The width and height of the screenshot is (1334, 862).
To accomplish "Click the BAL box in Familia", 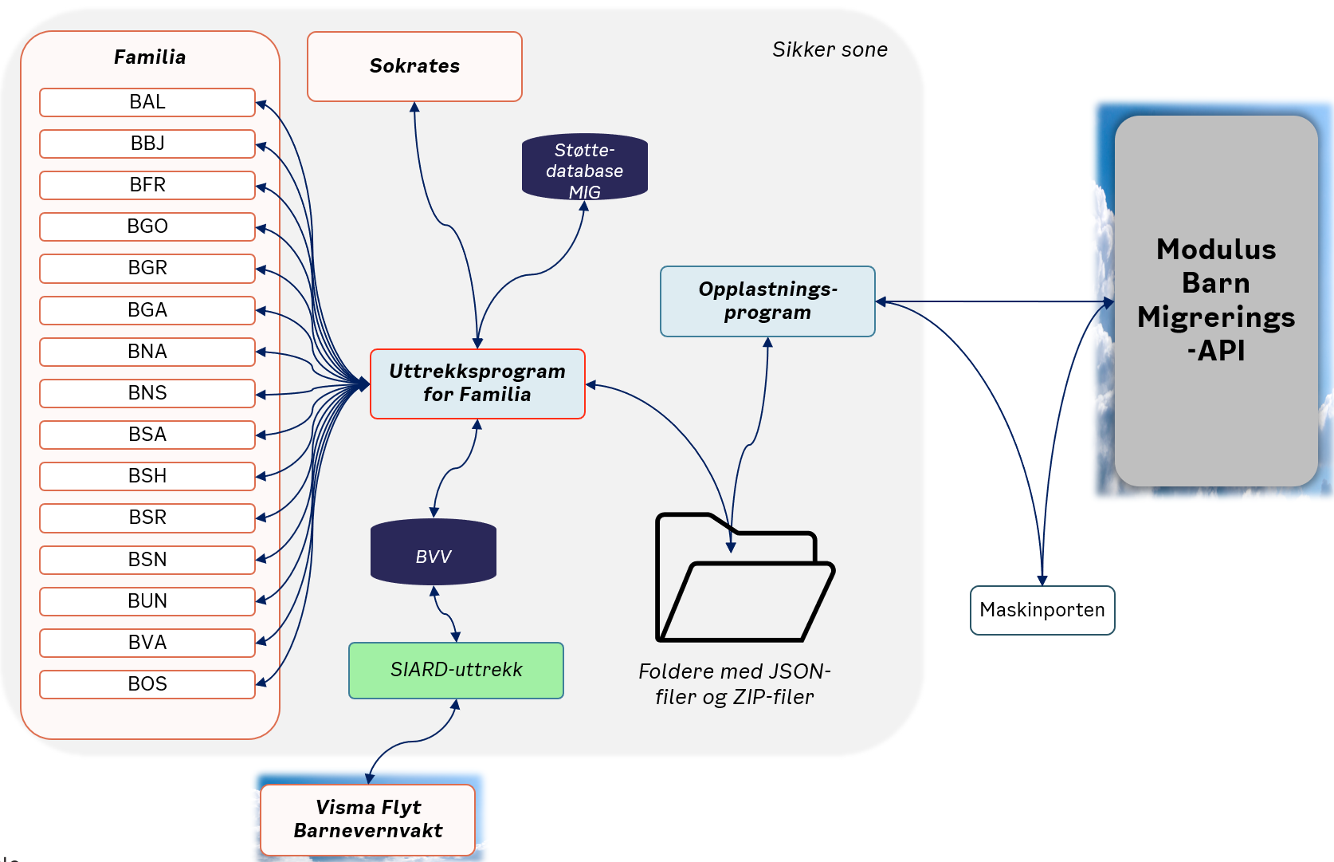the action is coord(147,102).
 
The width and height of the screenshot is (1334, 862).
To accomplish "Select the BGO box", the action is coord(147,226).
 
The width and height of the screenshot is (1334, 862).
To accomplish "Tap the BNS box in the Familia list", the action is coord(147,393).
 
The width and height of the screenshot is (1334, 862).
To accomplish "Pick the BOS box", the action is coord(147,683).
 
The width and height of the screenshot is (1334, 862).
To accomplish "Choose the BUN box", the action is coord(147,601).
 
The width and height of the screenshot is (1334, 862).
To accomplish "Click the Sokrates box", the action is coord(414,66).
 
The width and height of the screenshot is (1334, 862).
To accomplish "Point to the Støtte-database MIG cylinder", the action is coord(584,167).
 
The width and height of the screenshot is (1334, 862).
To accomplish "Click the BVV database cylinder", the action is coord(433,552).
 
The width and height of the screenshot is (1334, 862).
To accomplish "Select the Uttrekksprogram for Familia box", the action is coord(477,384).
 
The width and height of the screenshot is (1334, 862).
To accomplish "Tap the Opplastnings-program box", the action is coord(767,301).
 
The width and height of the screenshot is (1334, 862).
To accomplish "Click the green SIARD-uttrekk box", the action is coord(456,670).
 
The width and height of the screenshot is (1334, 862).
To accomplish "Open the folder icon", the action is coord(744,577).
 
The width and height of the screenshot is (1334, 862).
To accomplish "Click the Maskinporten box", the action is coord(1042,610).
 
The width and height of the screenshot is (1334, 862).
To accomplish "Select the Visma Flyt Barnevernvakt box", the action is coord(367,819).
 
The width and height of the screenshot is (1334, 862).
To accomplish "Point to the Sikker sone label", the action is coord(830,49).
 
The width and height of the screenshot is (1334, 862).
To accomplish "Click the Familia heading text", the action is coord(150,57).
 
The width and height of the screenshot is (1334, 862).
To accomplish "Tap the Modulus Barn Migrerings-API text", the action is coord(1215,299).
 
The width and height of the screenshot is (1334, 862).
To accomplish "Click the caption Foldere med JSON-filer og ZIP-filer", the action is coord(734,683).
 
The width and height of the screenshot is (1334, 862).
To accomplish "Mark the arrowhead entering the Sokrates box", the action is coord(414,107).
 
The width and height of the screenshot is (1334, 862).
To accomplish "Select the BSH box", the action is coord(147,476).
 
